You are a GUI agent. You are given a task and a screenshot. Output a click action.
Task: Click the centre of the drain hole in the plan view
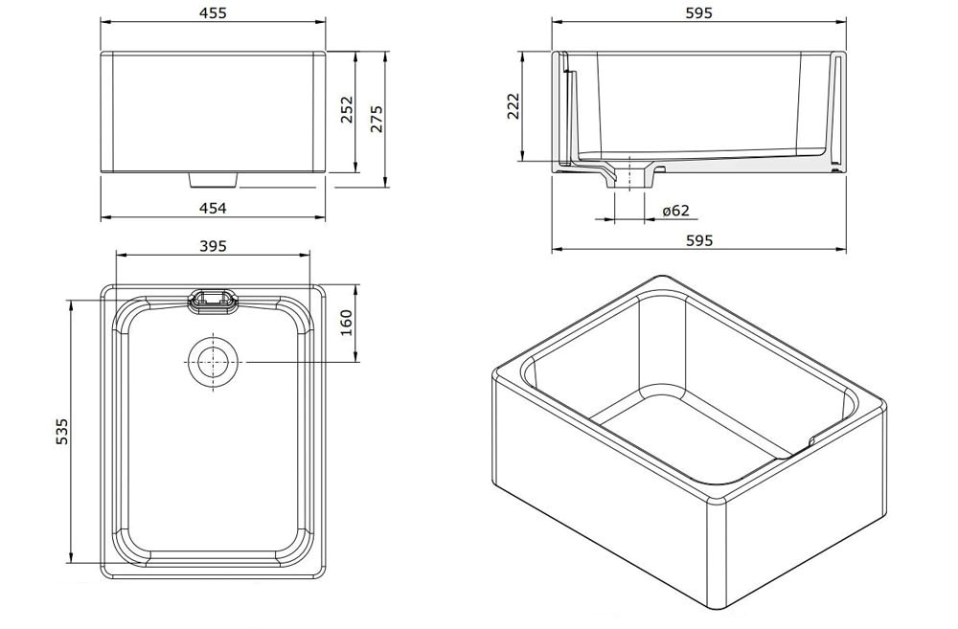212,362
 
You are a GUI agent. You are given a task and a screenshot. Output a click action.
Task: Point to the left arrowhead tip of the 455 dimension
101,22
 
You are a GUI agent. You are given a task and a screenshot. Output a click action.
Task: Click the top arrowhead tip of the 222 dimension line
522,52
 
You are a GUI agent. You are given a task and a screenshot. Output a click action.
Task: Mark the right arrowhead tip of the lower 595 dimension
846,249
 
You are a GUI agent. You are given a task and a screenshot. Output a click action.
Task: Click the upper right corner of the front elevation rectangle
325,52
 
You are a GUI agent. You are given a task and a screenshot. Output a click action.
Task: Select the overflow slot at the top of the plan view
212,300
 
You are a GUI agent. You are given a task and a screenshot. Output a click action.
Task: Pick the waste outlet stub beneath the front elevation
213,180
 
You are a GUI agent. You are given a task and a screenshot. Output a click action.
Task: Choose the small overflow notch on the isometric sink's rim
810,439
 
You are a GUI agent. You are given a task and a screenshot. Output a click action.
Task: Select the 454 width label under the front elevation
214,209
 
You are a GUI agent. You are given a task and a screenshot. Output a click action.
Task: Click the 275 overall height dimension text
376,119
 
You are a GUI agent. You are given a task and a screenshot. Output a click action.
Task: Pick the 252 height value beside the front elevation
347,109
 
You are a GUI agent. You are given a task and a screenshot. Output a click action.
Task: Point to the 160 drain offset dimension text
346,323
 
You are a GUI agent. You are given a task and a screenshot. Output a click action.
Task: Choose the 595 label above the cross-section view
699,12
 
